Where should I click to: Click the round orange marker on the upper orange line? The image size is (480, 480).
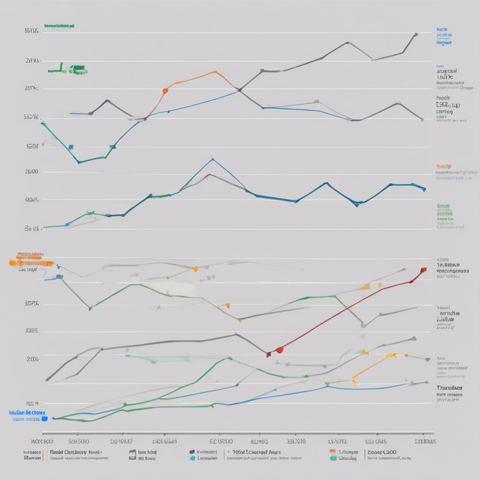(165, 90)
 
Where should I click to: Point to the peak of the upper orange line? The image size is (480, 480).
(215, 72)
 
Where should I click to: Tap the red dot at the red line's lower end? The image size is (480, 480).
(279, 350)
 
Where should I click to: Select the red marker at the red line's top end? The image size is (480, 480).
(423, 270)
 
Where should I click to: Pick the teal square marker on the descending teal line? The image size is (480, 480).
(71, 147)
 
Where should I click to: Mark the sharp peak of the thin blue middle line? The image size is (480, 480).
(213, 159)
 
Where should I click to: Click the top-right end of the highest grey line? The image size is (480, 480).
(416, 34)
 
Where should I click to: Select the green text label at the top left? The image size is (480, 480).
(59, 26)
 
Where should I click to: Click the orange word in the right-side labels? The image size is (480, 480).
(443, 166)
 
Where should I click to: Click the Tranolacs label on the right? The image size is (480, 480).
(449, 388)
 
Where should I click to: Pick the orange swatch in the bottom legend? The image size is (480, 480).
(333, 451)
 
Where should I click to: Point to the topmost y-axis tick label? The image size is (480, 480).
(31, 31)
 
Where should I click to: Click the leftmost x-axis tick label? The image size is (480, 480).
(42, 441)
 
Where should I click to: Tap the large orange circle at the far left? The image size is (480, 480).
(13, 263)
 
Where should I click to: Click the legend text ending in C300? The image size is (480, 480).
(382, 452)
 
